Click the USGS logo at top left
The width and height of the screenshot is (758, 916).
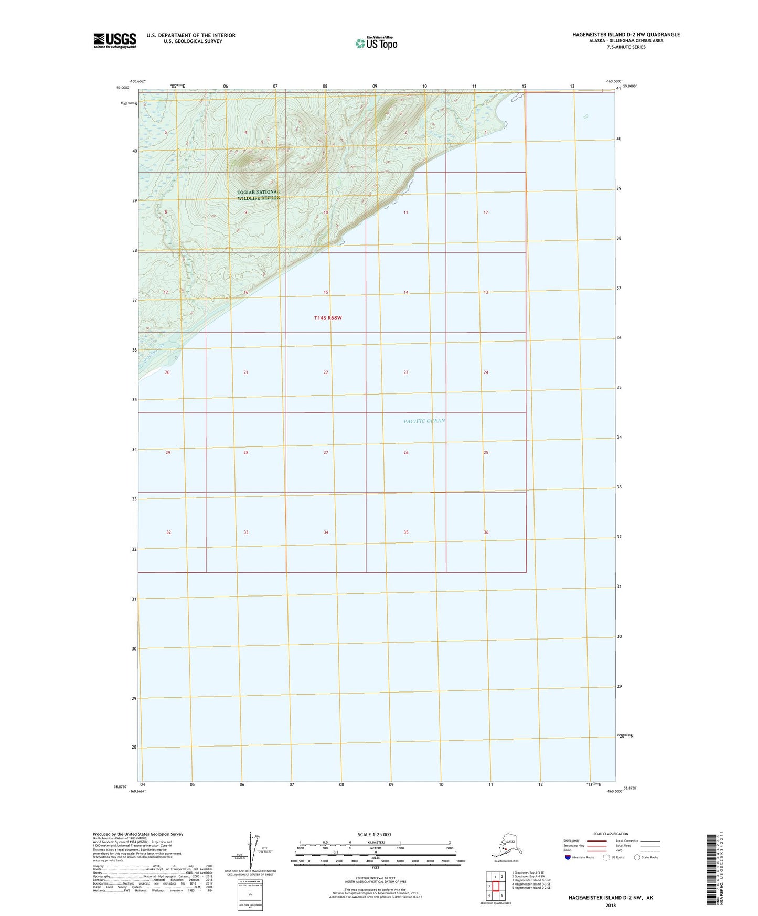(x=114, y=40)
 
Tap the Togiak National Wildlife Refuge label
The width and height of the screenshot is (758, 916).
(x=258, y=195)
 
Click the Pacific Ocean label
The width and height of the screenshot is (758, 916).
(x=424, y=421)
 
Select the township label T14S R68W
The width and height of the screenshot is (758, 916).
(x=328, y=318)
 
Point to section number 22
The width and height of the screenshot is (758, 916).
(x=326, y=372)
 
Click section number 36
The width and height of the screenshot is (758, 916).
(x=486, y=532)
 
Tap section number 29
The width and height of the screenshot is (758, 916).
(x=168, y=452)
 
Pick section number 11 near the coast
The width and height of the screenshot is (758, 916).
(x=405, y=212)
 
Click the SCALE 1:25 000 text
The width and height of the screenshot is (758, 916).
(x=374, y=835)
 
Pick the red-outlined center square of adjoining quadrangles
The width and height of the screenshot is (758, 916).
(x=495, y=886)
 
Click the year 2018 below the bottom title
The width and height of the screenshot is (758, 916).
(x=610, y=906)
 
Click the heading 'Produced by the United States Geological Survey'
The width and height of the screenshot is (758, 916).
(x=138, y=834)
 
